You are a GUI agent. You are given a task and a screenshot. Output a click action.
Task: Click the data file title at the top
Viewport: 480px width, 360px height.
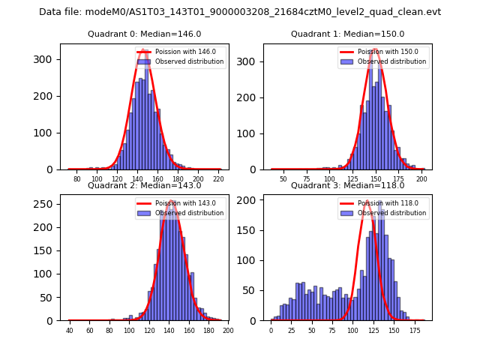(x=240, y=12)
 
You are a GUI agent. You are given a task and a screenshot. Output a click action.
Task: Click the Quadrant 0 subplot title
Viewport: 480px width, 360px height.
(x=145, y=34)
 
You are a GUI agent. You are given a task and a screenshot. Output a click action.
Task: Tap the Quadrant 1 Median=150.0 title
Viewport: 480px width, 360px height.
(x=347, y=34)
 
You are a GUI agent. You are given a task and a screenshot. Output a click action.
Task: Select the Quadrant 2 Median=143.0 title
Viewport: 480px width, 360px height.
(x=145, y=185)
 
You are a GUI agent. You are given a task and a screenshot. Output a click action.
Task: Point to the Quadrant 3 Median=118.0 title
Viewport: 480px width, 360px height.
(x=347, y=185)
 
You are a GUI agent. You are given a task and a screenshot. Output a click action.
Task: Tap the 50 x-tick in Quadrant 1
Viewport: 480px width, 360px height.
(x=283, y=178)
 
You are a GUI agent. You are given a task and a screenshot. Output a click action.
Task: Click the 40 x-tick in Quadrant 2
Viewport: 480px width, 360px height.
(x=70, y=330)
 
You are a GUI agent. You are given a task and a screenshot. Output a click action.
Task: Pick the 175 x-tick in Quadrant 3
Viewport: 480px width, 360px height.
(x=414, y=330)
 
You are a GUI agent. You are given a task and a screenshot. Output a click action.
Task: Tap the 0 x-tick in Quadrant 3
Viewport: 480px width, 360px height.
(x=271, y=330)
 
